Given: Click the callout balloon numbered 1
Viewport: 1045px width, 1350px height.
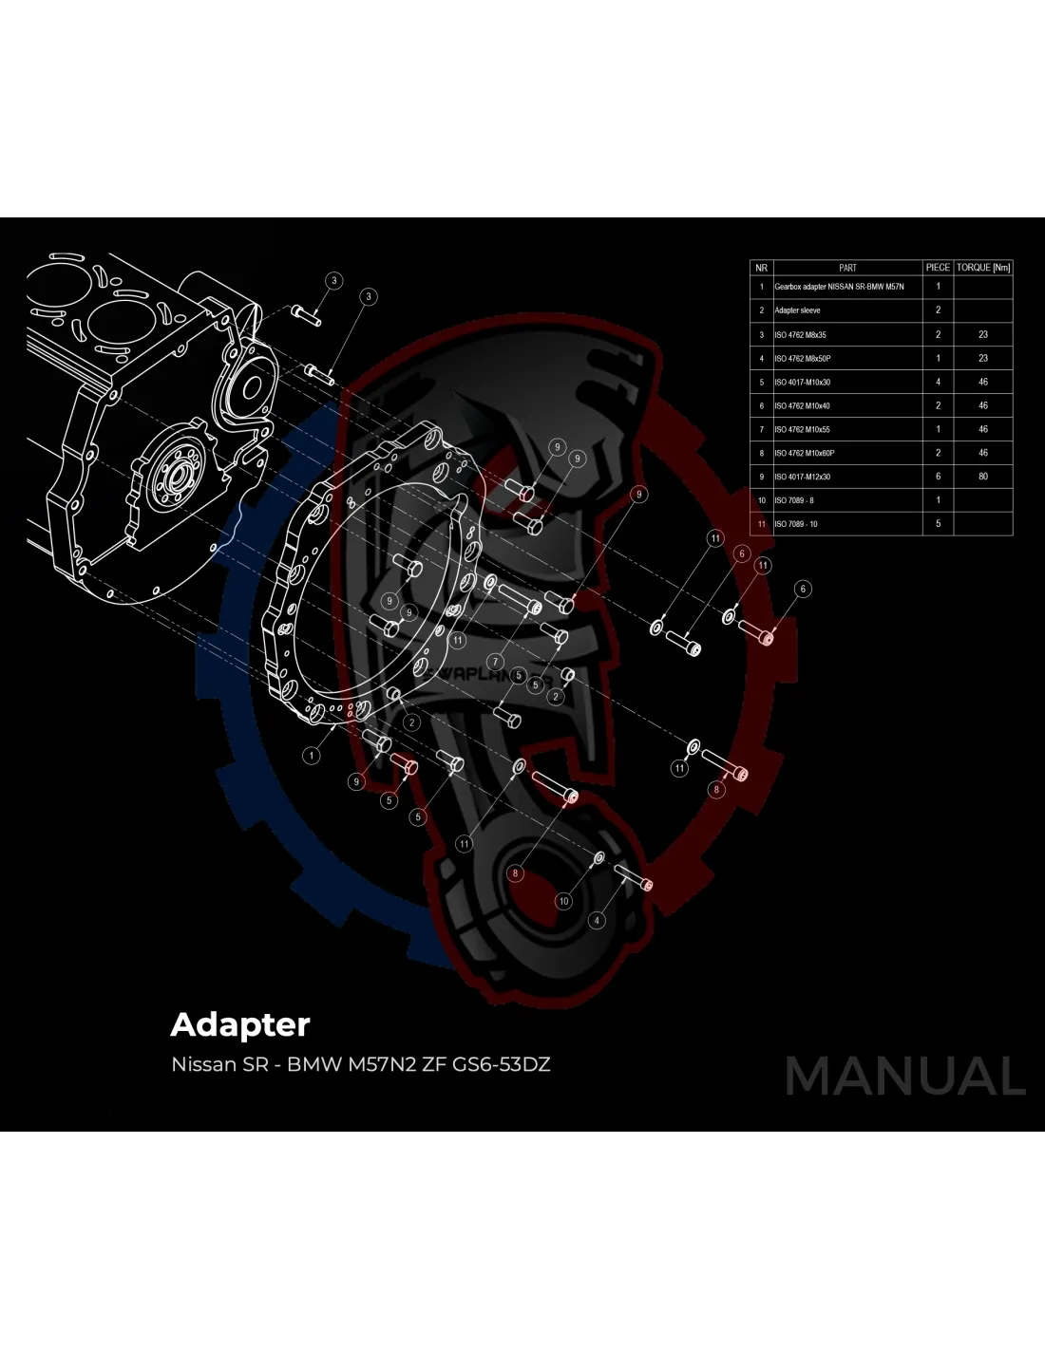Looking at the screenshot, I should click(x=312, y=756).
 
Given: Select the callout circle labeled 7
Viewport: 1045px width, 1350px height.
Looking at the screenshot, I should click(x=495, y=662).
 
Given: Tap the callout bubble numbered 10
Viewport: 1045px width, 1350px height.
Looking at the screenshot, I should click(x=564, y=901).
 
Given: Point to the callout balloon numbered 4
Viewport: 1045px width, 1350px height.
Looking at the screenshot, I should click(x=597, y=920).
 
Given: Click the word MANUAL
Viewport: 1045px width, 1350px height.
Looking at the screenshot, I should click(x=904, y=1076).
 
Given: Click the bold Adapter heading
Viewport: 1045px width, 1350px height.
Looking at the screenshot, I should click(x=240, y=1024).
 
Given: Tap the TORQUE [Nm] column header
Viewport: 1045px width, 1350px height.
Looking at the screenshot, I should click(x=983, y=268).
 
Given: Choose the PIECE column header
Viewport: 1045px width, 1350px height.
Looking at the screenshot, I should click(x=938, y=268).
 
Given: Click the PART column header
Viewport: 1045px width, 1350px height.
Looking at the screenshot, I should click(x=847, y=268).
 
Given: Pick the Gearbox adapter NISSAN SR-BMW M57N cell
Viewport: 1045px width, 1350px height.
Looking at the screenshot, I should click(x=839, y=287).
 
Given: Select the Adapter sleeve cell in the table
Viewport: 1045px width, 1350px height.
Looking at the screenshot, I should click(x=797, y=310).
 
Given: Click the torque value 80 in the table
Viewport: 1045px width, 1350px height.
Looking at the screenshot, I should click(x=983, y=477).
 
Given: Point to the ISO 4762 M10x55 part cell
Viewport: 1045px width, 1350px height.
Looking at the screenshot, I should click(x=802, y=429).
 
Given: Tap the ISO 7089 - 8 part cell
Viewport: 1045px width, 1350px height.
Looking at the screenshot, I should click(x=794, y=500).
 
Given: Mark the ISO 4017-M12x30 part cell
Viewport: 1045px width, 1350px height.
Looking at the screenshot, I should click(x=802, y=477).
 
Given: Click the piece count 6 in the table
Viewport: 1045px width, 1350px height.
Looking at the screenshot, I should click(x=939, y=477).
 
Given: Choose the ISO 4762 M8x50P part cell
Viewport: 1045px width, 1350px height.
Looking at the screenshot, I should click(x=802, y=358).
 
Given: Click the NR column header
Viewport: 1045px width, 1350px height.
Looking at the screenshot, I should click(x=761, y=268).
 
